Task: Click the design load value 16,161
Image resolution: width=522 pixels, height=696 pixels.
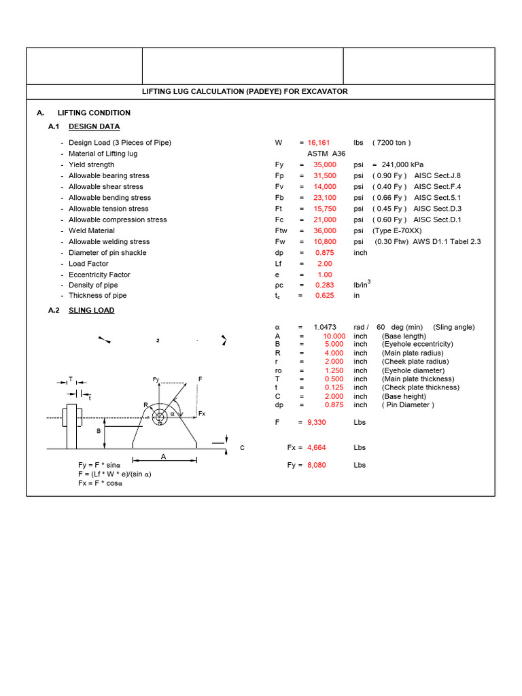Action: tap(319, 143)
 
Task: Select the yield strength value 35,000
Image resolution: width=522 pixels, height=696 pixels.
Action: tap(324, 164)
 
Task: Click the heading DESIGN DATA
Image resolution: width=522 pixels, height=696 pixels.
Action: tap(94, 126)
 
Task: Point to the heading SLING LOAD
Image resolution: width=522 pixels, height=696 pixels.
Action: tap(92, 310)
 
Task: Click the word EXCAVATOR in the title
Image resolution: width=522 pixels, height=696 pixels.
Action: tap(323, 92)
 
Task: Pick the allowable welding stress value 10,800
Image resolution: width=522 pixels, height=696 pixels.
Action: tap(324, 241)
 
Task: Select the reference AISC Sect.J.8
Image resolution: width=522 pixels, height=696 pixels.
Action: tap(437, 175)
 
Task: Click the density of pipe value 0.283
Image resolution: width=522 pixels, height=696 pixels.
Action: tap(324, 285)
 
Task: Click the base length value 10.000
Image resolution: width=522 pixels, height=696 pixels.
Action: tap(334, 336)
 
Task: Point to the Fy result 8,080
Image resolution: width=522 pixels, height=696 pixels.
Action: tap(318, 465)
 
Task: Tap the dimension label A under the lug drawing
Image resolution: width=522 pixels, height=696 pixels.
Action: tap(163, 457)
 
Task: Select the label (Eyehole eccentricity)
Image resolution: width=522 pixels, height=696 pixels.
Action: tap(417, 344)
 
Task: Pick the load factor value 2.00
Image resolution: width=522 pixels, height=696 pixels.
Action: tap(324, 263)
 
